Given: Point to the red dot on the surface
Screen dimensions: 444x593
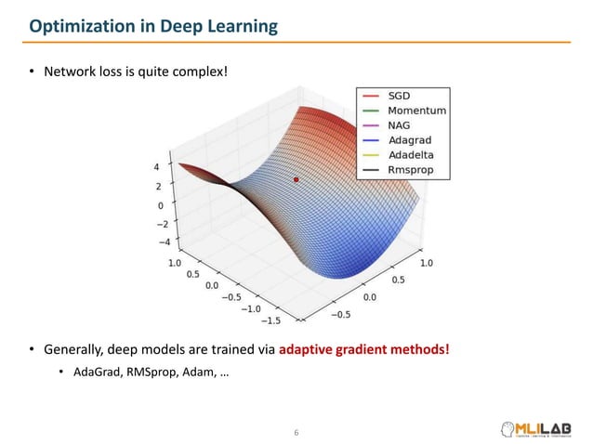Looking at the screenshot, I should (296, 179).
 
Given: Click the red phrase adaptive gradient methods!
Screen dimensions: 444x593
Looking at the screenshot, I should (364, 349).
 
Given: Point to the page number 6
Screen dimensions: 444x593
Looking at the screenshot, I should (296, 432).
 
